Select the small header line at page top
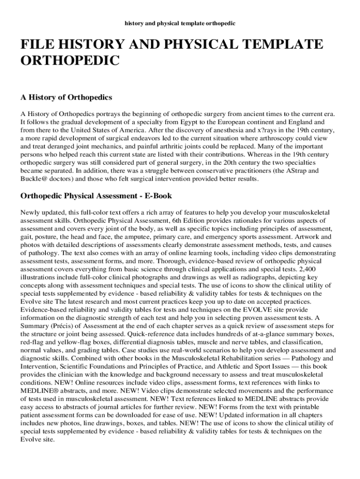coord(180,22)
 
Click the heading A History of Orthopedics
coord(66,97)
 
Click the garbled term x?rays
coord(262,129)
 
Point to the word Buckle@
coord(32,179)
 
